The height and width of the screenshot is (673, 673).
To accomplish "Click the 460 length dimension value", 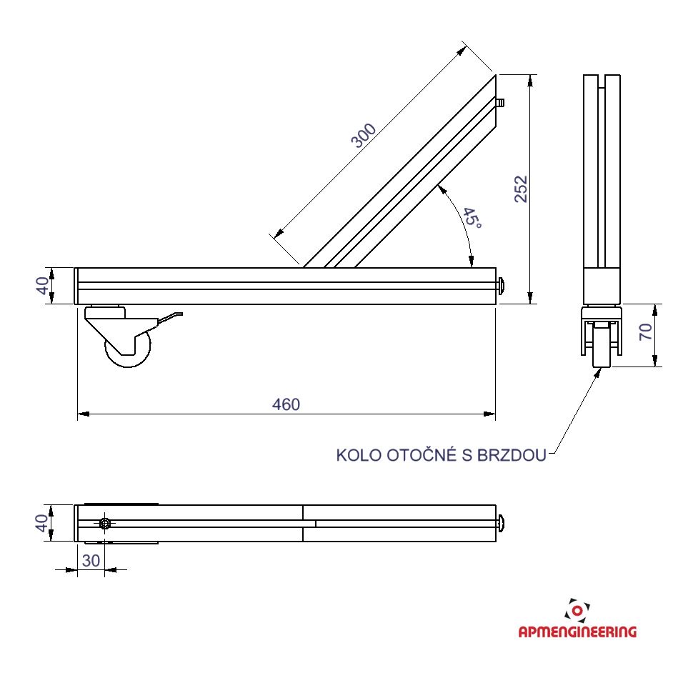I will [x=286, y=404].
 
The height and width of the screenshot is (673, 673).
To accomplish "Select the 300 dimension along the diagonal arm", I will [x=364, y=135].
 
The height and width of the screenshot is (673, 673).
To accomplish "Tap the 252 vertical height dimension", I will [x=522, y=189].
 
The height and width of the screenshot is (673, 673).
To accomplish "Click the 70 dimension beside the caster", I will [x=646, y=331].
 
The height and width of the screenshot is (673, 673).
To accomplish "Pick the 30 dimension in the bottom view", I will [x=91, y=561].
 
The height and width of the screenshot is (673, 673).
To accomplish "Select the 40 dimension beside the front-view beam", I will [x=44, y=285].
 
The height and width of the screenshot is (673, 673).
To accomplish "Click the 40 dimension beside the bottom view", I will [x=44, y=522].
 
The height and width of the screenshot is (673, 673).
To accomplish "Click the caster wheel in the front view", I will [x=129, y=350].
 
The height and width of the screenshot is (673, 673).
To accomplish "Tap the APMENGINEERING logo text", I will [x=577, y=632].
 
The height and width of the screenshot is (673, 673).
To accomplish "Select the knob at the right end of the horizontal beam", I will [x=504, y=286].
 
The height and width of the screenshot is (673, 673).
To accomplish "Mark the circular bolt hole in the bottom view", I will [x=106, y=524].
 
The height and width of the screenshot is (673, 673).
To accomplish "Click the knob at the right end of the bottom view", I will [x=503, y=524].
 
